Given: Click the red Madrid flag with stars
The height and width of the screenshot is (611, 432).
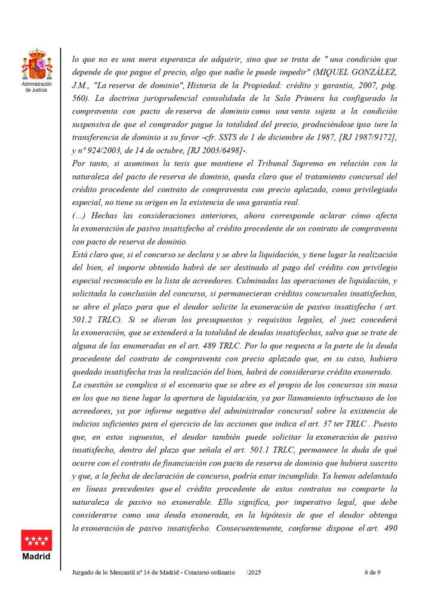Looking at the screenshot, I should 36,541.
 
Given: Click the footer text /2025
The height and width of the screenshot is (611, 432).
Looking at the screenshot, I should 253,572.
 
